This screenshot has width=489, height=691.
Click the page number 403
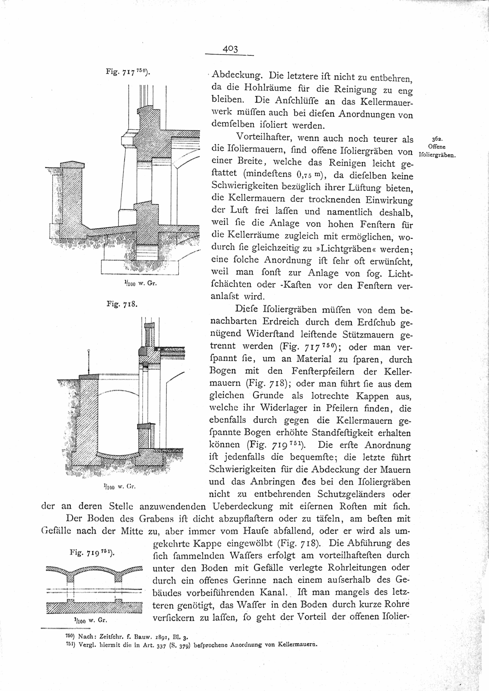pyautogui.click(x=229, y=49)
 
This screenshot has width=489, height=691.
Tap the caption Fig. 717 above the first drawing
pyautogui.click(x=128, y=72)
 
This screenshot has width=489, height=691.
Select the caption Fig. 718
pyautogui.click(x=122, y=304)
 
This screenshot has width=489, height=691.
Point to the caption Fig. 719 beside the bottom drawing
pyautogui.click(x=93, y=552)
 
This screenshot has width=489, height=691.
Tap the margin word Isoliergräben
pyautogui.click(x=437, y=155)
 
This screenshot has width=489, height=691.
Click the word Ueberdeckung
pyautogui.click(x=244, y=507)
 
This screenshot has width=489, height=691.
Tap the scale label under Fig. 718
pyautogui.click(x=119, y=486)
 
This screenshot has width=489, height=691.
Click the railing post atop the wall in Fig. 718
pyautogui.click(x=89, y=362)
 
